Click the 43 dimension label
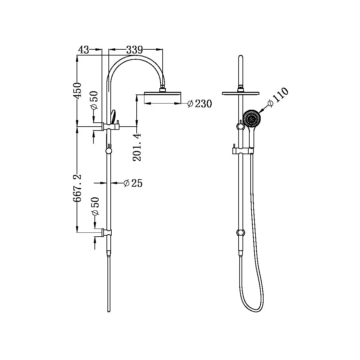pyautogui.click(x=83, y=50)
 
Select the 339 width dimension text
pyautogui.click(x=134, y=50)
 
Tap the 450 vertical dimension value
pyautogui.click(x=77, y=91)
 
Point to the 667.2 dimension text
pyautogui.click(x=77, y=189)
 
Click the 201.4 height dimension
pyautogui.click(x=137, y=147)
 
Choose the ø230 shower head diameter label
pyautogui.click(x=200, y=104)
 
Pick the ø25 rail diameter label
pyautogui.click(x=133, y=183)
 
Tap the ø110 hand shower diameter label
pyautogui.click(x=278, y=96)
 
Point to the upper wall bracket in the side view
pyautogui.click(x=107, y=127)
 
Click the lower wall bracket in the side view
pyautogui.click(x=107, y=232)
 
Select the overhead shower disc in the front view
pyautogui.click(x=241, y=93)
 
